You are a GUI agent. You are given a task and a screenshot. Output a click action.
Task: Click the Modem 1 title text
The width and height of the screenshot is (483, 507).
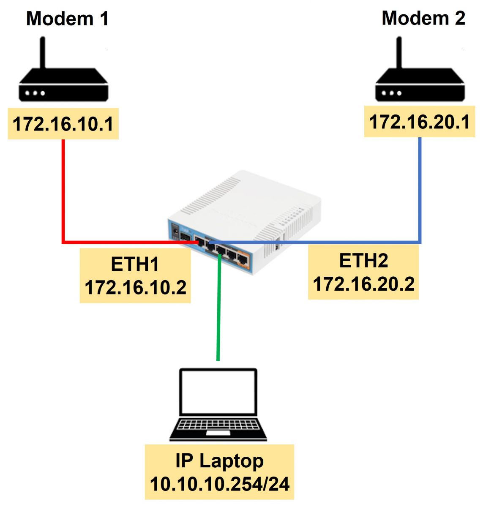[x=68, y=19]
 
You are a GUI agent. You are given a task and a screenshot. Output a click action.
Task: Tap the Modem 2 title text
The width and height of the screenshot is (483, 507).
[x=423, y=18]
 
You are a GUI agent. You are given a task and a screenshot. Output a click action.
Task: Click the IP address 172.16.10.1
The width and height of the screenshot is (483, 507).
[x=63, y=124]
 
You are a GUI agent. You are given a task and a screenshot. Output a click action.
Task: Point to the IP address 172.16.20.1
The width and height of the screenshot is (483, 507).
[x=420, y=122]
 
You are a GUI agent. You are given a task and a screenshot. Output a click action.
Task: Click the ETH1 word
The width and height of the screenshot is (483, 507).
[x=135, y=264]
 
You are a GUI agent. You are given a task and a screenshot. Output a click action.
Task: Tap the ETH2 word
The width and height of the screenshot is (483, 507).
[x=363, y=261]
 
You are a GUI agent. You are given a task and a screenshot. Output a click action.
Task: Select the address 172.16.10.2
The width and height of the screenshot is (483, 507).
[x=135, y=288]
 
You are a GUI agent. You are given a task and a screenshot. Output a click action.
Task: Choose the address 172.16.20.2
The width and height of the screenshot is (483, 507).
[x=363, y=284]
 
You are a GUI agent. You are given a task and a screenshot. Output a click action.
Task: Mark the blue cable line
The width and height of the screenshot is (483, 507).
[x=420, y=190]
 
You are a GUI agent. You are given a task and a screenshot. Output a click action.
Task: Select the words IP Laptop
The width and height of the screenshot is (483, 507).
[x=219, y=461]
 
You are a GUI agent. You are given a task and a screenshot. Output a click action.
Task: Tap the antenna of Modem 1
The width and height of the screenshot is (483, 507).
[x=42, y=53]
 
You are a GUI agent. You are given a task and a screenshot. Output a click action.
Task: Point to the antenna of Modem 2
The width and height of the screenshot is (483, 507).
[x=398, y=53]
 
